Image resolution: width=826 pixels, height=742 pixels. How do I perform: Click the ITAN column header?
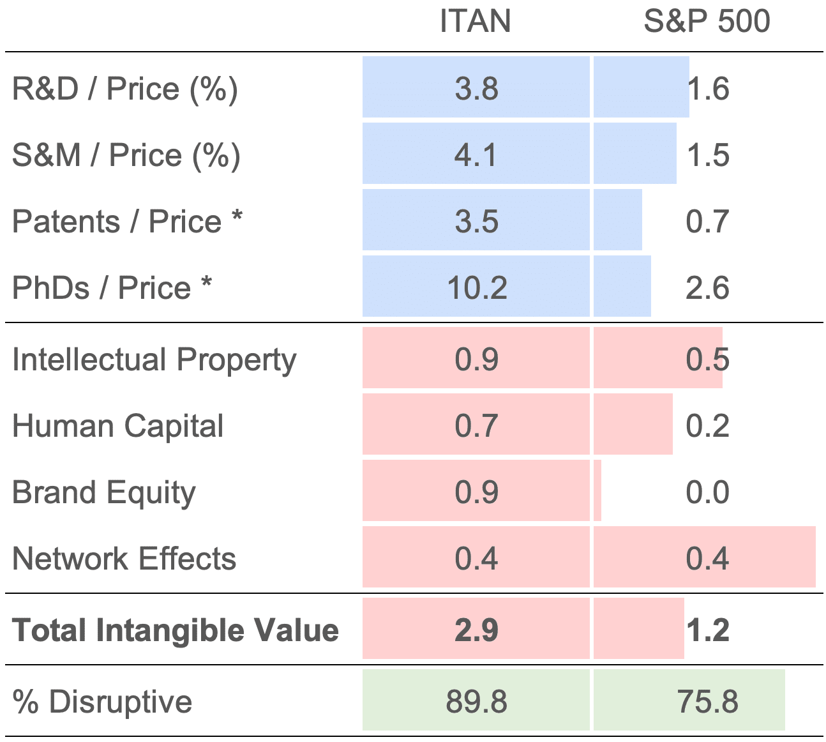click(476, 21)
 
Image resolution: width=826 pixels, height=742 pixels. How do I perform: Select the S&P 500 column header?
click(707, 21)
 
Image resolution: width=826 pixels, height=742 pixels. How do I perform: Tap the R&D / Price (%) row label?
click(124, 89)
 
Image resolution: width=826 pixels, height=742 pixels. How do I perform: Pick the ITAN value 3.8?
click(477, 89)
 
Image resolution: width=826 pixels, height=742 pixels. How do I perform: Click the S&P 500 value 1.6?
click(708, 89)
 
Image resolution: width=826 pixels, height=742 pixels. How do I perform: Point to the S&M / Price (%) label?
click(126, 156)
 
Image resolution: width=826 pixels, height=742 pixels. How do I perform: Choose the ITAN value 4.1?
click(476, 155)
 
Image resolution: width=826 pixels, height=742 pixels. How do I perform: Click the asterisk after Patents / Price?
click(237, 215)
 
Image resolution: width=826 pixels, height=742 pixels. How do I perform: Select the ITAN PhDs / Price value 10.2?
click(477, 288)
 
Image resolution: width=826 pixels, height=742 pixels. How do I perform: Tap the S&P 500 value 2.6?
click(707, 288)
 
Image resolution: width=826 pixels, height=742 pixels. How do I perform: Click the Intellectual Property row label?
click(154, 360)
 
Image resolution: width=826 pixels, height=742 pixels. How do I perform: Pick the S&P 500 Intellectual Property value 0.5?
click(707, 360)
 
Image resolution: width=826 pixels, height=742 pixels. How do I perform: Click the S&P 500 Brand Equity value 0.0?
click(707, 492)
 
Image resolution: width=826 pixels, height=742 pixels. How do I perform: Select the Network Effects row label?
click(124, 559)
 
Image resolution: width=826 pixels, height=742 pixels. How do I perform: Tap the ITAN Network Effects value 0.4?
click(476, 559)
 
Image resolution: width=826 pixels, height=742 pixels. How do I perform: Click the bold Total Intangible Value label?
click(176, 630)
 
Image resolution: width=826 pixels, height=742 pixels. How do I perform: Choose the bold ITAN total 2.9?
click(477, 630)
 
